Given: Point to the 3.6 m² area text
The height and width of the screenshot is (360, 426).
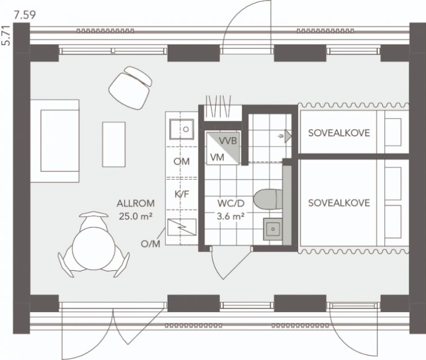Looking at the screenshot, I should [231, 217].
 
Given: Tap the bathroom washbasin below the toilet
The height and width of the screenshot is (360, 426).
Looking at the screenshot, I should [272, 229].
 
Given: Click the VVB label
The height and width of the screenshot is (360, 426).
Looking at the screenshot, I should [229, 141].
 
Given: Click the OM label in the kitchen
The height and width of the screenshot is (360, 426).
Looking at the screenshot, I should [182, 162].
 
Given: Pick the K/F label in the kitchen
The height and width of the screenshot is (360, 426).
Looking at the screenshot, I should [182, 195].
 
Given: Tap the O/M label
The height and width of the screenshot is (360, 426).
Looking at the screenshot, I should [150, 244].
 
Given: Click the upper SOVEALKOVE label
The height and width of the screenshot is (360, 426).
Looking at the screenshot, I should [338, 133].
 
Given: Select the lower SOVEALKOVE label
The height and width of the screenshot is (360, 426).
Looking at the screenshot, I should [338, 203].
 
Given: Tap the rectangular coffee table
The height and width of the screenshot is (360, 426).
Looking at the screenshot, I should [113, 143].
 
